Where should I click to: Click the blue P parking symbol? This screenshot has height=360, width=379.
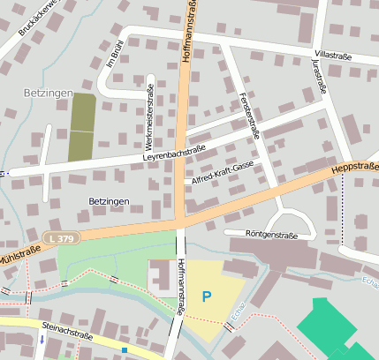click(207, 296)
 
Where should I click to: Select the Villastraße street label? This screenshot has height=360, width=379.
click(333, 55)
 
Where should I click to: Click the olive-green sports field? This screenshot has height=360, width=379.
click(81, 127)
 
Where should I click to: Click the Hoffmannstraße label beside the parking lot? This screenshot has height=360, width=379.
click(179, 288)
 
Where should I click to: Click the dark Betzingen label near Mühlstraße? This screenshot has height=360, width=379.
click(110, 201)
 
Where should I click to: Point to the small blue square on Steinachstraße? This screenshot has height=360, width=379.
click(125, 350)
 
